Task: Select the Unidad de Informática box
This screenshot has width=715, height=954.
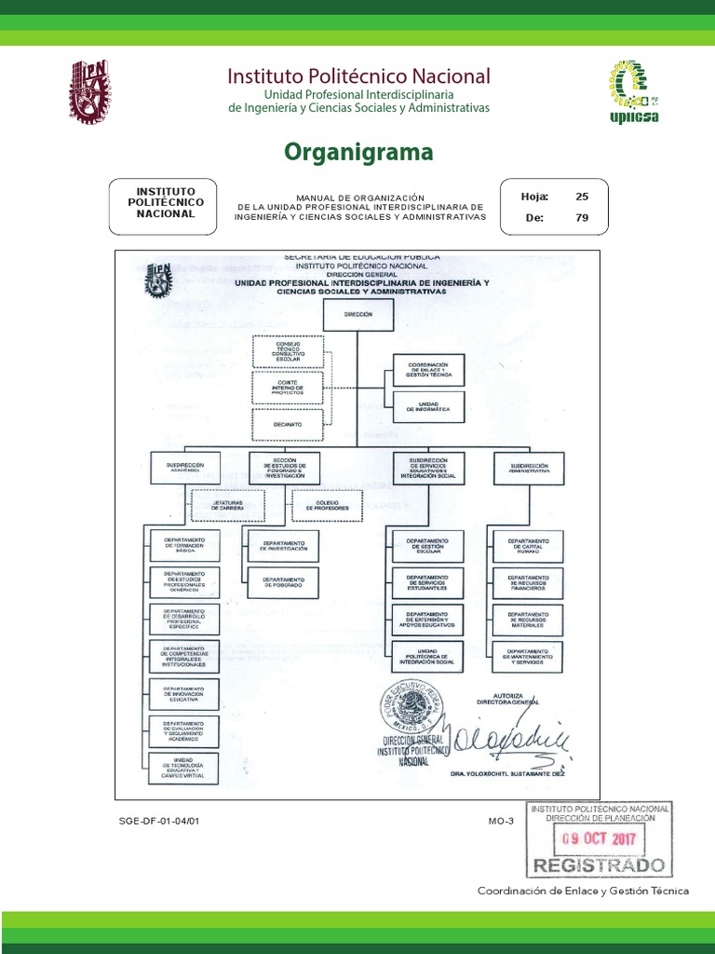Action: (427, 406)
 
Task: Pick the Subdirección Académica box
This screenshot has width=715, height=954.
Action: (184, 468)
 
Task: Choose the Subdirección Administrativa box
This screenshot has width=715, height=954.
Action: (528, 468)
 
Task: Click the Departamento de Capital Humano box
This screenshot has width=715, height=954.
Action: (528, 544)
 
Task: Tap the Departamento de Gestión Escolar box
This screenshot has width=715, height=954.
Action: (427, 544)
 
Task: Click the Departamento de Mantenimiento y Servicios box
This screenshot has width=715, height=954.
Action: (528, 656)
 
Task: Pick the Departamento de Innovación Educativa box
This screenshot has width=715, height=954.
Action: (183, 694)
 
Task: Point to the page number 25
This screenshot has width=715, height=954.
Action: (582, 197)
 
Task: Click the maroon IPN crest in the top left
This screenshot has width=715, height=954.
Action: (89, 93)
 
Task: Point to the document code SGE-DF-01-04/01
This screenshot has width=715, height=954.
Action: (159, 822)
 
